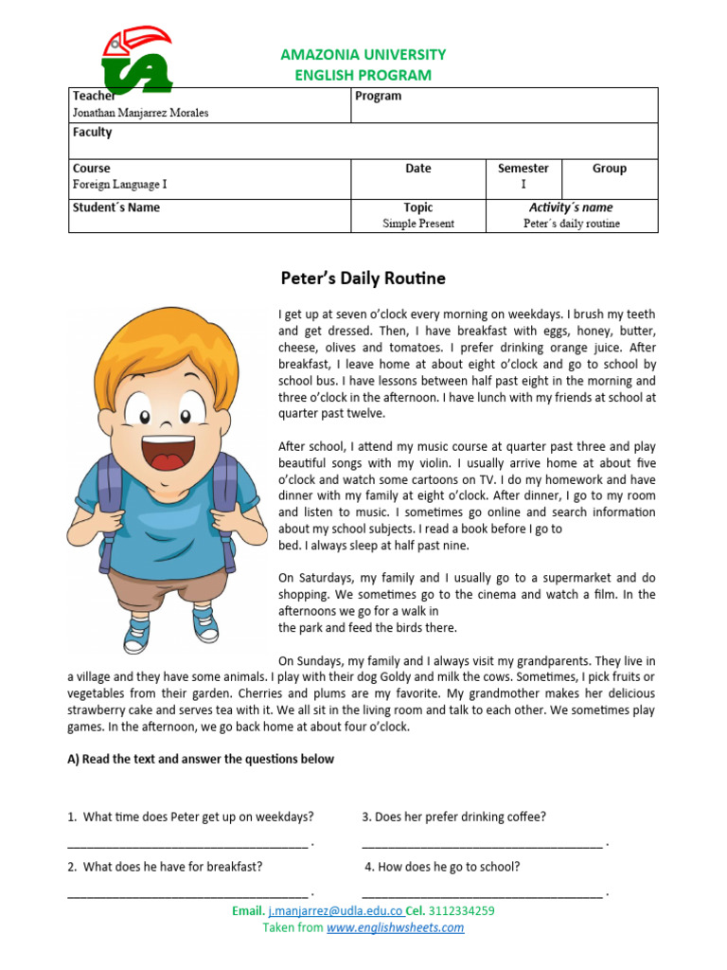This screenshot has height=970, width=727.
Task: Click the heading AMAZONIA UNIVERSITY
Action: tap(363, 55)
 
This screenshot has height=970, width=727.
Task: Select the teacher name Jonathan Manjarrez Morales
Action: tap(140, 113)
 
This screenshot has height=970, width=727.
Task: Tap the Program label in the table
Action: tap(378, 96)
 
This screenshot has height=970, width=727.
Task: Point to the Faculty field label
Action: tap(92, 133)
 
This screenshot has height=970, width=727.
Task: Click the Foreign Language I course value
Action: tap(119, 185)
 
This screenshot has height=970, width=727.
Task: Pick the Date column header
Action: tap(417, 169)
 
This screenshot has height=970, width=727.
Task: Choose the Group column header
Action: tap(609, 169)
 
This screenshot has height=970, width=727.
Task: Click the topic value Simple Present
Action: tap(418, 224)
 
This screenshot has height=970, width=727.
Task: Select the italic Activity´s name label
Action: tap(571, 207)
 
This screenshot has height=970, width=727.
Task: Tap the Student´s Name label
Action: tap(116, 207)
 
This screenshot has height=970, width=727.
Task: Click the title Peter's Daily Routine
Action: tap(363, 278)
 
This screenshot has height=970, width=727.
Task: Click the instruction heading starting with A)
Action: tap(201, 759)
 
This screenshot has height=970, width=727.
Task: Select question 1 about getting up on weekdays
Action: tap(190, 817)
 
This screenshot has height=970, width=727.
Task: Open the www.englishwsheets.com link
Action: tap(395, 927)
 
